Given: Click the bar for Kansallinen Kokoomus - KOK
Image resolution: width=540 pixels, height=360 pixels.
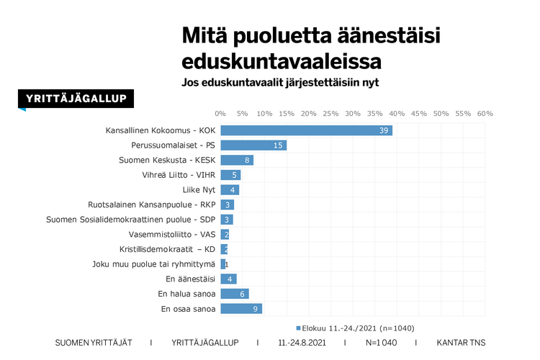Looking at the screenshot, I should click(306, 130).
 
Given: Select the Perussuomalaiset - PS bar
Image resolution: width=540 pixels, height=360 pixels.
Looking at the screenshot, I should click(253, 145).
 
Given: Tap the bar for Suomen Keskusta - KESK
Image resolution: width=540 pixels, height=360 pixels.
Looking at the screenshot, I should click(237, 160).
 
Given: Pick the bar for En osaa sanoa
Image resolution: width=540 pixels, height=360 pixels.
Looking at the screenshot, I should click(240, 309).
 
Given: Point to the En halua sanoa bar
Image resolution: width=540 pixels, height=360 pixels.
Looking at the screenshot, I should click(234, 294).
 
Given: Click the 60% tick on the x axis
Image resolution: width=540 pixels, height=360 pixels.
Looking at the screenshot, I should click(485, 114).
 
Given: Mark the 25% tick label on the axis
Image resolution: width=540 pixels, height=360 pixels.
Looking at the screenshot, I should click(330, 114).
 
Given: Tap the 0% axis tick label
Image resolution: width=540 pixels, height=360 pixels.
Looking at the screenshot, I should click(220, 114).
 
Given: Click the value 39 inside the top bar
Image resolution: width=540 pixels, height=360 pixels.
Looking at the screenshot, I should click(384, 130).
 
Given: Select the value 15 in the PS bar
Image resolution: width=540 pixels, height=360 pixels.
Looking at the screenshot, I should click(279, 145).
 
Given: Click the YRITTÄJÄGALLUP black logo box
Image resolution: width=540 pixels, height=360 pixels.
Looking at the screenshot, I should click(76, 99).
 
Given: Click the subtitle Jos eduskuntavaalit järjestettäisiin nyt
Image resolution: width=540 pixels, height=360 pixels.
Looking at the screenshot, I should click(280, 82).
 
